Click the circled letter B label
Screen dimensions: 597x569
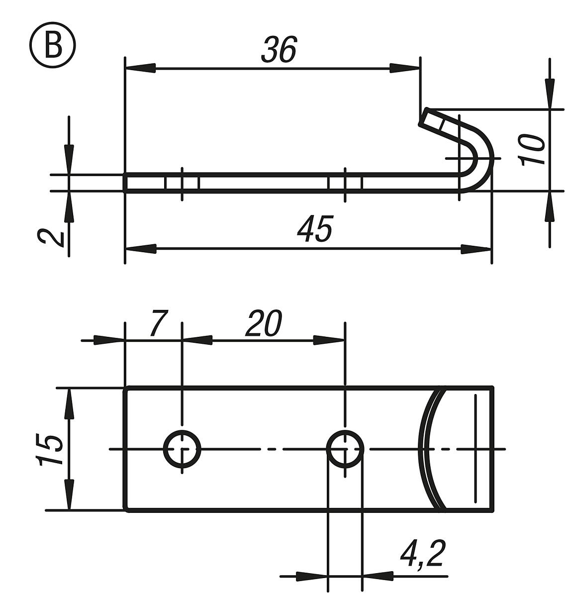pyautogui.click(x=53, y=48)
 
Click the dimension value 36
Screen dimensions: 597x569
pyautogui.click(x=279, y=50)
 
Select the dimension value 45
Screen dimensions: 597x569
pyautogui.click(x=315, y=229)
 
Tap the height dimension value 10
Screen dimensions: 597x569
pyautogui.click(x=531, y=150)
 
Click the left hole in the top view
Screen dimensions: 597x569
pyautogui.click(x=182, y=449)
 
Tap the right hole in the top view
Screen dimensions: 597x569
pyautogui.click(x=345, y=449)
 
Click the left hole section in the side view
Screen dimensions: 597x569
pyautogui.click(x=182, y=183)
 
